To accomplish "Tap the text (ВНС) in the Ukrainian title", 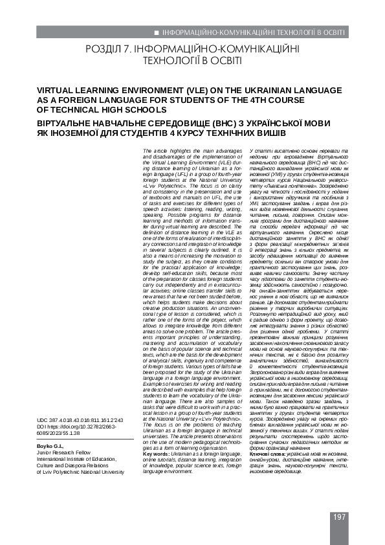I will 253,121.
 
